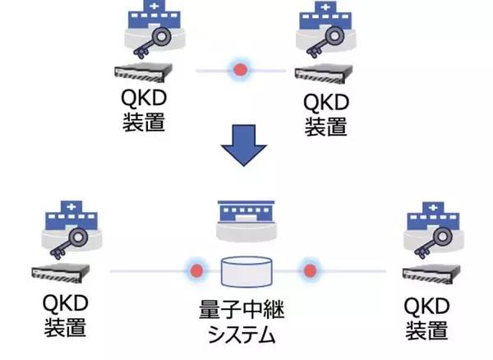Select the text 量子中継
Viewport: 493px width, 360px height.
click(246, 312)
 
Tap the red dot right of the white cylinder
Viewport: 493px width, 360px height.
click(310, 270)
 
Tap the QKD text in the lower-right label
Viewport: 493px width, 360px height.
click(427, 307)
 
